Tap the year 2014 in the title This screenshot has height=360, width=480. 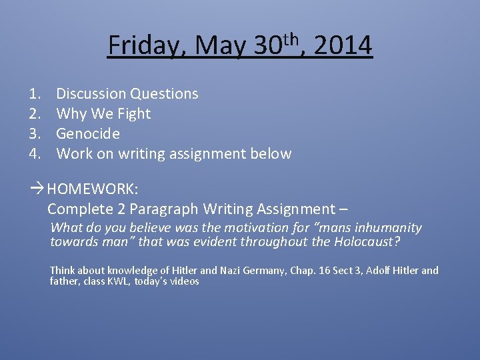coord(343,46)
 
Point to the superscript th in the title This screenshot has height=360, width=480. coord(289,38)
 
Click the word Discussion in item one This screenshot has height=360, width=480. coord(91,94)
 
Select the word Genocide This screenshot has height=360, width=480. coord(88,134)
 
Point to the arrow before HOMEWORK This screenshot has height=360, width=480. coord(37,189)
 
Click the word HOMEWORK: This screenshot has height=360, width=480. coord(93,189)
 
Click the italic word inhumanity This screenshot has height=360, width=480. coord(389,228)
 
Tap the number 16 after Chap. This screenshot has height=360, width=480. coord(332,271)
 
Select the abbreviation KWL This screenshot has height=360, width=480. coord(109,281)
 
